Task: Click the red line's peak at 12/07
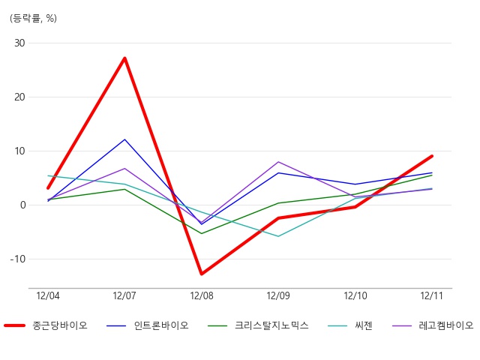coord(125,58)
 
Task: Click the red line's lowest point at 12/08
coord(202,274)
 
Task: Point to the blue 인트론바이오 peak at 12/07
coord(125,139)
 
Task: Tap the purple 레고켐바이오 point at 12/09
coord(278,162)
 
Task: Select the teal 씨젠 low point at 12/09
coord(278,236)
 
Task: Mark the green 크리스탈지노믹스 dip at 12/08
coord(202,233)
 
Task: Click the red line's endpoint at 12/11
coord(432,156)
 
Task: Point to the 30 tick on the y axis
coord(19,43)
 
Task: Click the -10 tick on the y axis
coord(18,259)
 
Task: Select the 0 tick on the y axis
coord(23,205)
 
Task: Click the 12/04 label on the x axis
coord(48,295)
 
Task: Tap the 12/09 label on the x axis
coord(278,295)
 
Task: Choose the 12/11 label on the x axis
coord(432,295)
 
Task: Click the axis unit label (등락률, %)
coord(33,18)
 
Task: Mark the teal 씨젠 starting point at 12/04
coord(48,175)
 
